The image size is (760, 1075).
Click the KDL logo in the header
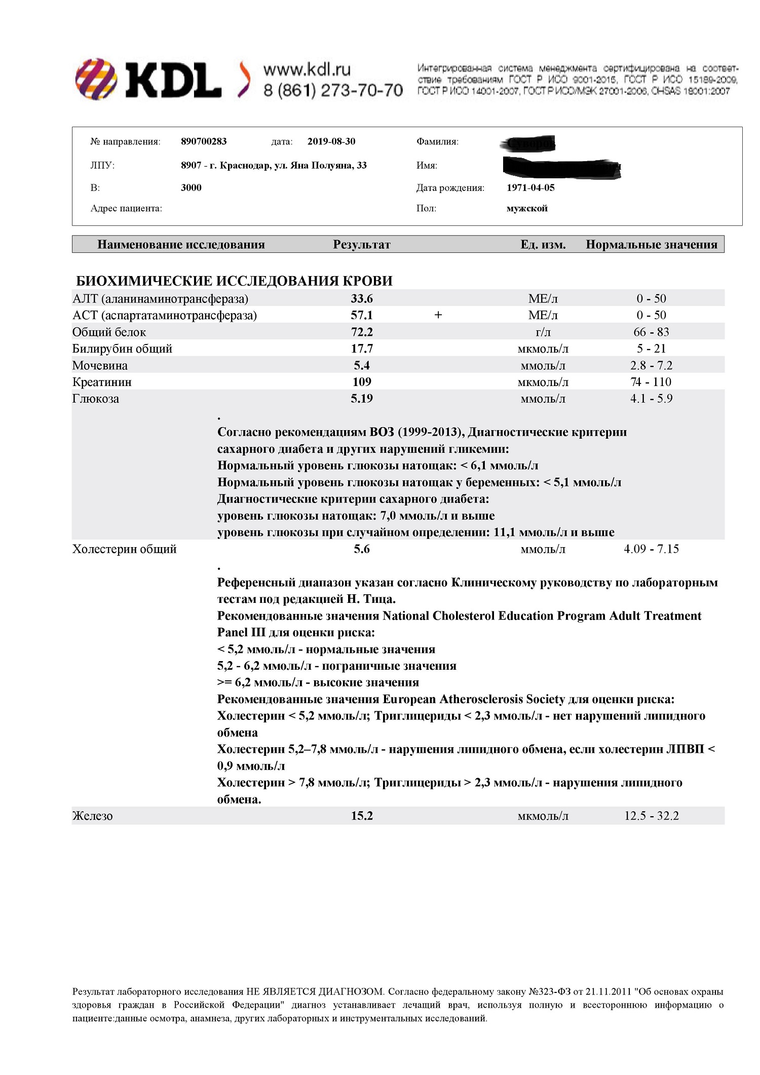(x=148, y=79)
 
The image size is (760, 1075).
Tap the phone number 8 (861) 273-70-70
(x=333, y=90)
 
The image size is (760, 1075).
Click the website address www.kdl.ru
(x=307, y=69)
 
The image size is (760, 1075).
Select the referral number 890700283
(x=204, y=141)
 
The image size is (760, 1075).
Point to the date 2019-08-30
(x=331, y=141)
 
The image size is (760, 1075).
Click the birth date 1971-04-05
(x=530, y=187)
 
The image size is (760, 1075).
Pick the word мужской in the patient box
(x=527, y=208)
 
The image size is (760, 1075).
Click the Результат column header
(x=361, y=245)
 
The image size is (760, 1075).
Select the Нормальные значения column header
(x=652, y=245)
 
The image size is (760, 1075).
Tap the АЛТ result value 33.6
(x=362, y=299)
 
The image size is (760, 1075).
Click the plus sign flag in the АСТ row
(x=438, y=315)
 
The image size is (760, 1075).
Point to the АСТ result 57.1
(x=362, y=315)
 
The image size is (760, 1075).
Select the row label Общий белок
(x=109, y=332)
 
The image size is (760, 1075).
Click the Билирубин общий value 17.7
(x=362, y=349)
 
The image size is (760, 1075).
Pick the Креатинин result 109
(x=362, y=382)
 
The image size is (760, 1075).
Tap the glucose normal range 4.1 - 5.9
(x=651, y=399)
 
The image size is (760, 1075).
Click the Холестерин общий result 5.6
(x=362, y=549)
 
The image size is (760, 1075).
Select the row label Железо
(x=92, y=816)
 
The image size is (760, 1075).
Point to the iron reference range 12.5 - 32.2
(x=651, y=816)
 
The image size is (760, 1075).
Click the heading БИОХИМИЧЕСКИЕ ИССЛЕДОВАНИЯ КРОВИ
(x=234, y=281)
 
